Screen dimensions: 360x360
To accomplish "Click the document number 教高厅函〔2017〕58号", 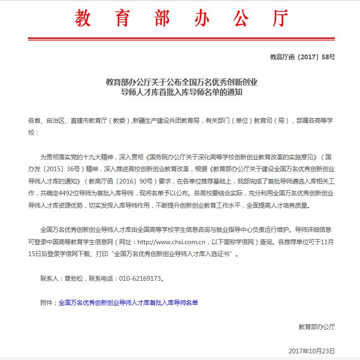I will pyautogui.click(x=302, y=57).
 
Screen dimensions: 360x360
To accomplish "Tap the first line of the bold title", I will pyautogui.click(x=181, y=82).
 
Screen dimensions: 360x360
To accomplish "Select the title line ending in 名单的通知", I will pyautogui.click(x=181, y=92).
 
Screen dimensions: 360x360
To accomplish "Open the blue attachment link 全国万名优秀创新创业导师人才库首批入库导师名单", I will pyautogui.click(x=128, y=303).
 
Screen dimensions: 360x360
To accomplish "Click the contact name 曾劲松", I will pyautogui.click(x=72, y=278).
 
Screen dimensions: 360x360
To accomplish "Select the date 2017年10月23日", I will pyautogui.click(x=311, y=351).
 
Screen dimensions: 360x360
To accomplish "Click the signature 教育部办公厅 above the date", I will pyautogui.click(x=316, y=327).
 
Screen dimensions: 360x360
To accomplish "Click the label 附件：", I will pyautogui.click(x=49, y=303).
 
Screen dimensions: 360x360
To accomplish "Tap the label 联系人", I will pyautogui.click(x=50, y=278).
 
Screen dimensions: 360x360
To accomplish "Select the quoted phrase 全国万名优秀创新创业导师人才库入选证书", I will pyautogui.click(x=172, y=254).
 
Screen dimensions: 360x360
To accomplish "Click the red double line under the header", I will pyautogui.click(x=182, y=38).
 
